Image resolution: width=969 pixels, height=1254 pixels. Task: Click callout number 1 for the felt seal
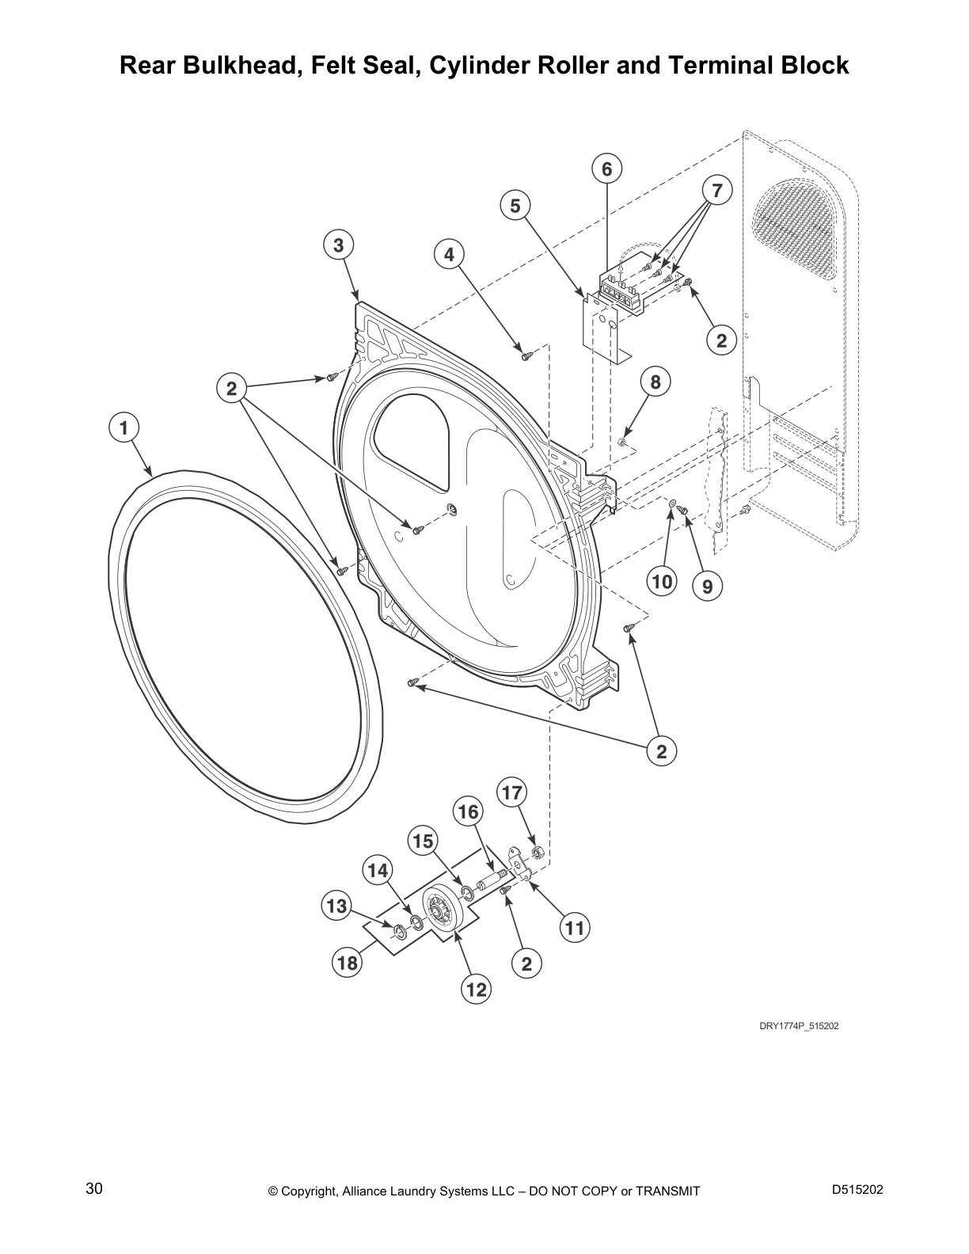[123, 428]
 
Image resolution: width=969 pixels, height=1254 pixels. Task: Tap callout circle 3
[338, 245]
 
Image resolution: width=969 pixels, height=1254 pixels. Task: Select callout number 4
[449, 254]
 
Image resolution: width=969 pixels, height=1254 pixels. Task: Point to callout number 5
[515, 206]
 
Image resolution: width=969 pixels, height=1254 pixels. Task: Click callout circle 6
[606, 169]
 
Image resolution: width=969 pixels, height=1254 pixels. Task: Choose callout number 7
[716, 190]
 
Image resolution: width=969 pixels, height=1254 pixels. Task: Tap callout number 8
[655, 382]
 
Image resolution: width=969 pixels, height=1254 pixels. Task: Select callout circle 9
[707, 587]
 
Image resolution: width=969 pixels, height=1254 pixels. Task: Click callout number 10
[661, 581]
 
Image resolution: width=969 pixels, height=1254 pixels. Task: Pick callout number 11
[575, 928]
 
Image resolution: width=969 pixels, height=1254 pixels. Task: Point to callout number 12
[476, 990]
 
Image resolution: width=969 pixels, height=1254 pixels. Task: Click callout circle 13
[336, 906]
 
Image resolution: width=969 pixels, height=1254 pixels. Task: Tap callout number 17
[512, 793]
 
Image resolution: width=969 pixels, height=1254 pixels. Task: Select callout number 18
[348, 963]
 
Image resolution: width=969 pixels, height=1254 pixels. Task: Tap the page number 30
[94, 1188]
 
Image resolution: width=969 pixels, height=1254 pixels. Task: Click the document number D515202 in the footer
[857, 1189]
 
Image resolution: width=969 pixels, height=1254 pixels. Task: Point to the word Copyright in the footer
[310, 1191]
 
